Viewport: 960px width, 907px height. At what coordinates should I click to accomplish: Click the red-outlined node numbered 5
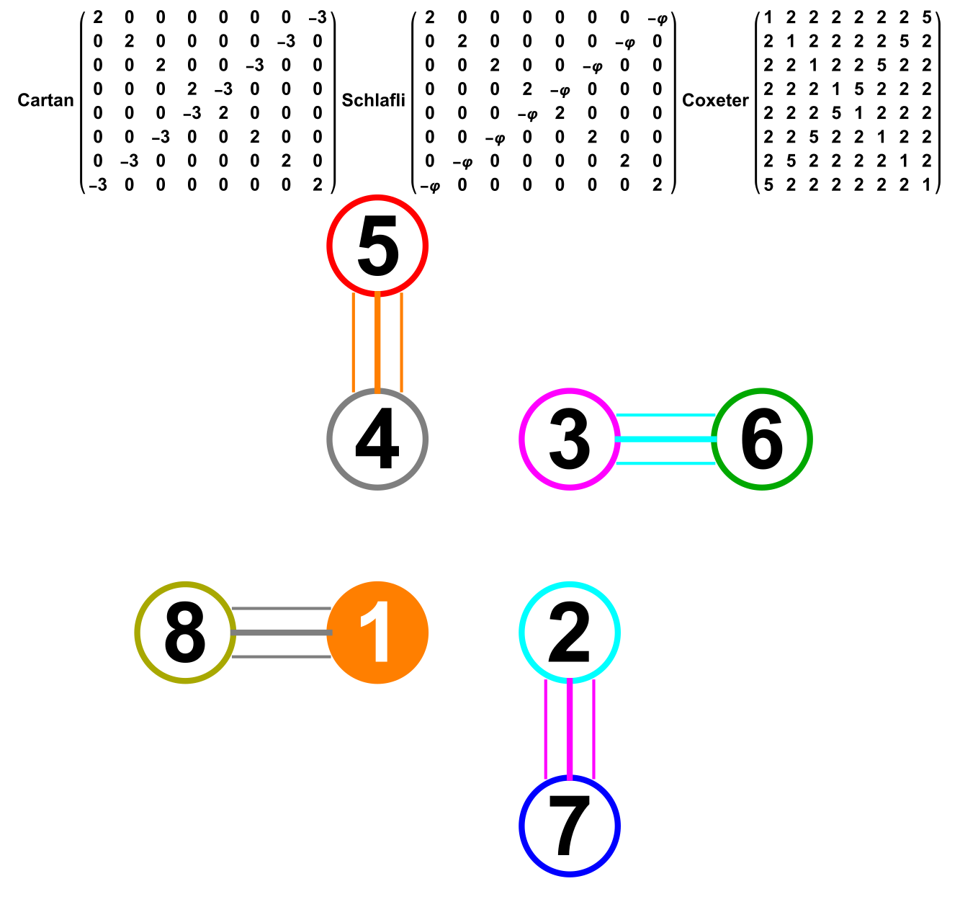[x=378, y=246]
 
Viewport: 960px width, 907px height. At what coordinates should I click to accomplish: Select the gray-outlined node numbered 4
[x=378, y=439]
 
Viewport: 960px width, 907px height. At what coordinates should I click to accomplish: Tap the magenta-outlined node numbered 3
[x=570, y=439]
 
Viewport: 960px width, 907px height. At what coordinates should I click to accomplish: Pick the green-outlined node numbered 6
[x=762, y=439]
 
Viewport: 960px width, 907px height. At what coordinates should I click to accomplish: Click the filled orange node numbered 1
[x=378, y=633]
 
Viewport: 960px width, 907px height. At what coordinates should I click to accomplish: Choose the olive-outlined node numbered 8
[x=185, y=633]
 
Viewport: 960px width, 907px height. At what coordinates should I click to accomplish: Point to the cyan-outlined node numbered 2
[x=570, y=633]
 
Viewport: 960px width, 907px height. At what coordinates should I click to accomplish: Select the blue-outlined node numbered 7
[x=570, y=826]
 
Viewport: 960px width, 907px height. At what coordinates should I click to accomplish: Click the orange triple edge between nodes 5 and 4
[x=377, y=343]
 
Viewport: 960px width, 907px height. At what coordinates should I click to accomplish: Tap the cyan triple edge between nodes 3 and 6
[x=665, y=439]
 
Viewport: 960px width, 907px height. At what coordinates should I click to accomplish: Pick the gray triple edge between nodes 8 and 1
[x=282, y=633]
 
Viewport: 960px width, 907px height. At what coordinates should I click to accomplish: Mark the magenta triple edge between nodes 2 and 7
[x=570, y=729]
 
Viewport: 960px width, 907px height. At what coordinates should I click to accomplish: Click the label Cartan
[x=45, y=100]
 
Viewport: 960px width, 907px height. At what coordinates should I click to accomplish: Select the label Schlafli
[x=373, y=100]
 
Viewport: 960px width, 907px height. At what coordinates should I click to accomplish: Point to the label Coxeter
[x=715, y=100]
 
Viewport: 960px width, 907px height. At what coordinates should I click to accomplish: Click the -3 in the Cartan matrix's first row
[x=317, y=17]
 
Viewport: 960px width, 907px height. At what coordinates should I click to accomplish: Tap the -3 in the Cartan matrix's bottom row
[x=98, y=185]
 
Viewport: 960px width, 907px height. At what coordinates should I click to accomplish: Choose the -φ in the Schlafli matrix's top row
[x=657, y=17]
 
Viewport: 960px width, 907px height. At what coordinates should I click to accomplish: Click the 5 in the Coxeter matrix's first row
[x=926, y=17]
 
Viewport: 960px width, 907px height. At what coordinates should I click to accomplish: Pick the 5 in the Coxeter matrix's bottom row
[x=768, y=185]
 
